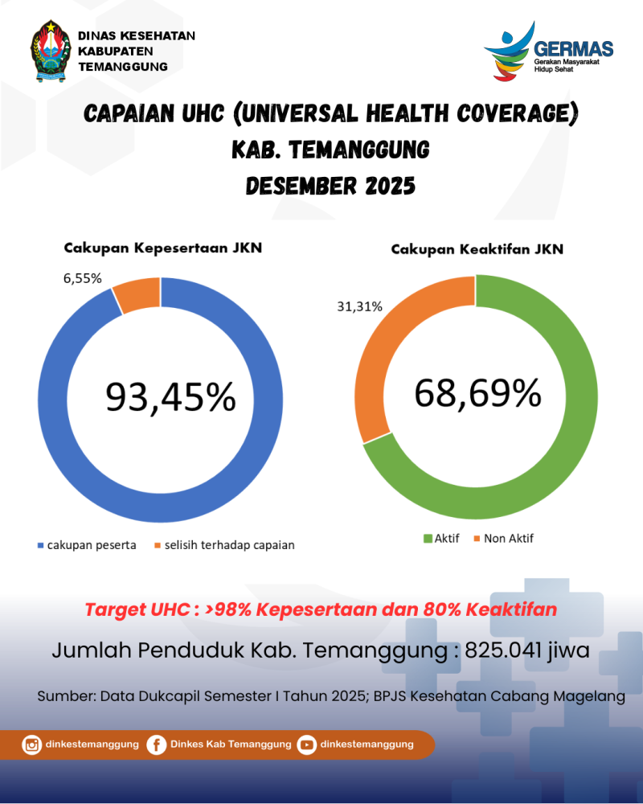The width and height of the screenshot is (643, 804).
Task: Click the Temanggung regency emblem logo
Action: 51,51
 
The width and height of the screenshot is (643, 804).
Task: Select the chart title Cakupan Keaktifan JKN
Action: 477,249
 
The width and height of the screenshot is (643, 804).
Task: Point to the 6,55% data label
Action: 83,278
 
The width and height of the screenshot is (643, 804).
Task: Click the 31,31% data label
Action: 359,306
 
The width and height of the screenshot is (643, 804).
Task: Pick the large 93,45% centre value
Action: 171,397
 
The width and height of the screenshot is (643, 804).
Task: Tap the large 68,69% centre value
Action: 477,393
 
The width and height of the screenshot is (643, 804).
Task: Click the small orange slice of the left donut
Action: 137,294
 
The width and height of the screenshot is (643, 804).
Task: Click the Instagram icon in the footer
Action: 32,745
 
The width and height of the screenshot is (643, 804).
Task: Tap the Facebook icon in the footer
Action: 157,745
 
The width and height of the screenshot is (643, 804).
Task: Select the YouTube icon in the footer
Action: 306,745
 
